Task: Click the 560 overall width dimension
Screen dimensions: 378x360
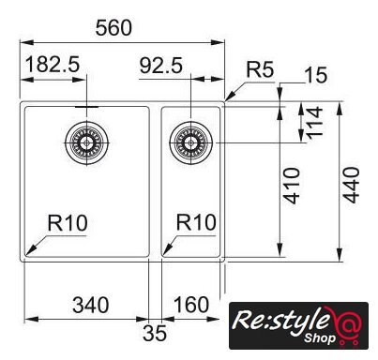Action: [113, 28]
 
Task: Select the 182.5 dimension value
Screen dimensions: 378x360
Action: [53, 65]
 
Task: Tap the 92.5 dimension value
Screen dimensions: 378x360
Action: [160, 66]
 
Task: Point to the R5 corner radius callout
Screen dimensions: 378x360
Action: [260, 69]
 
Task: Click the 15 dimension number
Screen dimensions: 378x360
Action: [317, 75]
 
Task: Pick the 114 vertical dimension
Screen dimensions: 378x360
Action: [314, 123]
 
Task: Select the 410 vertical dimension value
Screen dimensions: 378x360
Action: [292, 186]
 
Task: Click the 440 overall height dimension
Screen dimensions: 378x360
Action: [351, 185]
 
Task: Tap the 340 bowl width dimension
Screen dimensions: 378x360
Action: [91, 305]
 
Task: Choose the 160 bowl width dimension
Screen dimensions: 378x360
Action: [191, 305]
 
